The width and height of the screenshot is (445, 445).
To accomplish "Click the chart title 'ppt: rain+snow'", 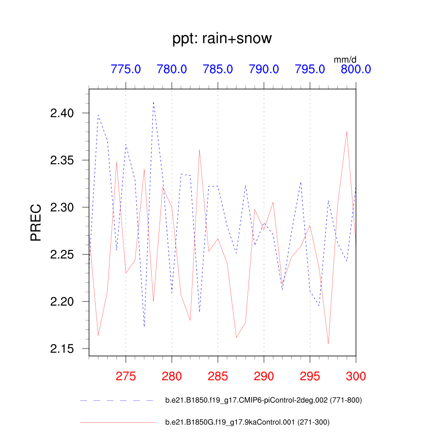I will pyautogui.click(x=222, y=39).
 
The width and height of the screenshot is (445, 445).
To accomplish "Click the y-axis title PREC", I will pyautogui.click(x=36, y=222).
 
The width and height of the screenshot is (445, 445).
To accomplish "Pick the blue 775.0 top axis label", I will pyautogui.click(x=126, y=69).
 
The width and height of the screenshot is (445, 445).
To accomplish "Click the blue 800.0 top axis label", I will pyautogui.click(x=355, y=69).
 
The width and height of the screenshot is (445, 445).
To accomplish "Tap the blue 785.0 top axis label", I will pyautogui.click(x=218, y=69).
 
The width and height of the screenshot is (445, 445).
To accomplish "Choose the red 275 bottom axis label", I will pyautogui.click(x=126, y=376).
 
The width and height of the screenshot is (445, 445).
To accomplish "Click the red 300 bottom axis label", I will pyautogui.click(x=355, y=376).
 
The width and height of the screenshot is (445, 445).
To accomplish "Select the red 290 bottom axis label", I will pyautogui.click(x=264, y=376).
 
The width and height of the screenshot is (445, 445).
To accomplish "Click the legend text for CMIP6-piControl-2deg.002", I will pyautogui.click(x=263, y=400).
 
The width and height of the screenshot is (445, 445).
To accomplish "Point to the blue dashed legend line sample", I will pyautogui.click(x=117, y=400).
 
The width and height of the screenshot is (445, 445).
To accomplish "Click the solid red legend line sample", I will pyautogui.click(x=117, y=422).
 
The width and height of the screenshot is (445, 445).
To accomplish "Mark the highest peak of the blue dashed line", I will pyautogui.click(x=153, y=102).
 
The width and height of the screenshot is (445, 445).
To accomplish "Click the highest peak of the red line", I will pyautogui.click(x=347, y=131).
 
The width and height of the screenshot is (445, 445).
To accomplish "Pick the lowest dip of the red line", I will pyautogui.click(x=328, y=344).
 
